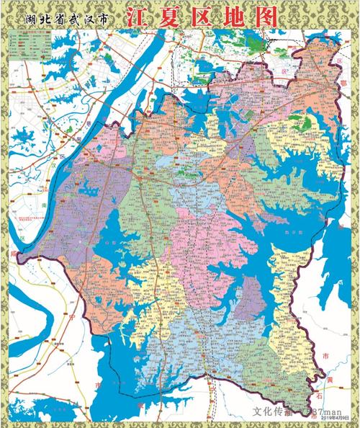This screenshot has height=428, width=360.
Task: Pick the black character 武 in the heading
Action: point(76,19)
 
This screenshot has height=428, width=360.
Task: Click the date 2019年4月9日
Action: point(334,416)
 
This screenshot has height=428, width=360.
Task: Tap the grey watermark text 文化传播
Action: point(272,412)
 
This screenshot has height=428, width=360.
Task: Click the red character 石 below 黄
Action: point(328,393)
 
